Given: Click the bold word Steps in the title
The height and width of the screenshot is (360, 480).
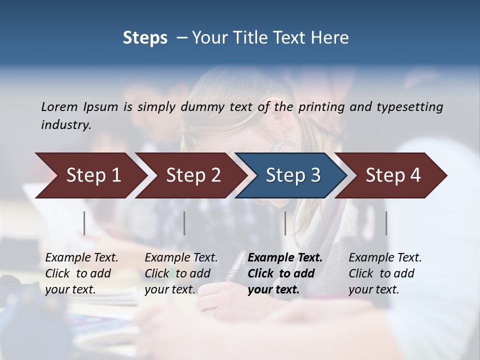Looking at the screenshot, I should coord(145,38).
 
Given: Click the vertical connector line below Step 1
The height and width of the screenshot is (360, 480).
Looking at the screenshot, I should coord(84,223).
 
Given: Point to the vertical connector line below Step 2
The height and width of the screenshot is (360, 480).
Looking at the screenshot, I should coord(184,223).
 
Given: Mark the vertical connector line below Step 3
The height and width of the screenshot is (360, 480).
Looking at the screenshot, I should coord(285,223).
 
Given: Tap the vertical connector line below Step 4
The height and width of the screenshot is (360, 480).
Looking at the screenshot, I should coord(386,223).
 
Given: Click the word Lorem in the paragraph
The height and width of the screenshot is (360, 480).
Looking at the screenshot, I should coord(59,106).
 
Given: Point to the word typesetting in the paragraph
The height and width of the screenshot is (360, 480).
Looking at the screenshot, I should coord(409,106).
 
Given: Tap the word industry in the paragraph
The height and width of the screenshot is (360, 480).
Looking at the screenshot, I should coord(66,125).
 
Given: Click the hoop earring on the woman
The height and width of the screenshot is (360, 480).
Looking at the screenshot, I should coord(286,148).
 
